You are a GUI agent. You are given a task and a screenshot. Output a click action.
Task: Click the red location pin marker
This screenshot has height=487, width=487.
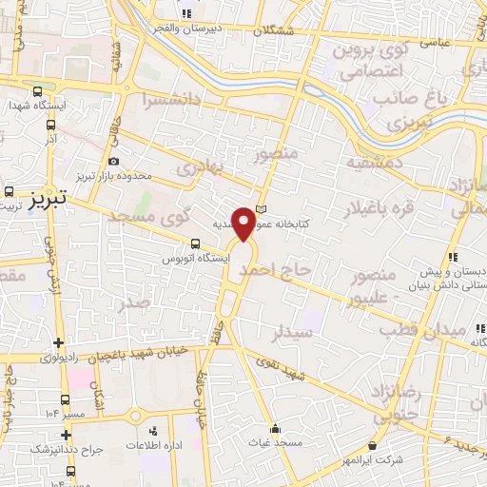point(245,223)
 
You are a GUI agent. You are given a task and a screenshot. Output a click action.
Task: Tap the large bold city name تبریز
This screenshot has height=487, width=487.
point(45,200)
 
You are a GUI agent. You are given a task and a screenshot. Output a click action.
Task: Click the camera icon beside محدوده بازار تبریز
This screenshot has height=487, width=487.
point(114,162)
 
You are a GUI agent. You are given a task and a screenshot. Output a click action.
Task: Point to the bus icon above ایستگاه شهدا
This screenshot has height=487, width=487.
point(37,92)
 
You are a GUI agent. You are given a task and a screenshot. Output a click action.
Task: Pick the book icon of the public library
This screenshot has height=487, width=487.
point(263,211)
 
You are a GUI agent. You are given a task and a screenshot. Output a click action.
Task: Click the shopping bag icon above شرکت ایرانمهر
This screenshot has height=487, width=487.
point(372,445)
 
